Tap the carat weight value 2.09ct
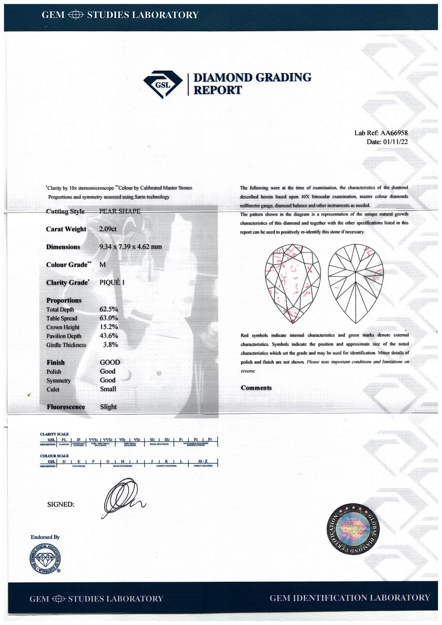coord(108,229)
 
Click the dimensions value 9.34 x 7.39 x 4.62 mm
coord(130,247)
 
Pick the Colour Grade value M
coord(103,265)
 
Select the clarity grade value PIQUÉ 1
coord(112,282)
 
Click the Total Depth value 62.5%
coord(108,309)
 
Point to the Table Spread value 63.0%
coord(108,318)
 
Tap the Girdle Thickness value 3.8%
coord(110,345)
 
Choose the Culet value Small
coord(108,389)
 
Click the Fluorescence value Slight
coord(108,407)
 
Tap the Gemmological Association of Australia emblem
coord(45,558)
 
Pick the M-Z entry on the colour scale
coord(203,461)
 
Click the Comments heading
coord(256,388)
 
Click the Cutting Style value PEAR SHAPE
coord(120,211)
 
